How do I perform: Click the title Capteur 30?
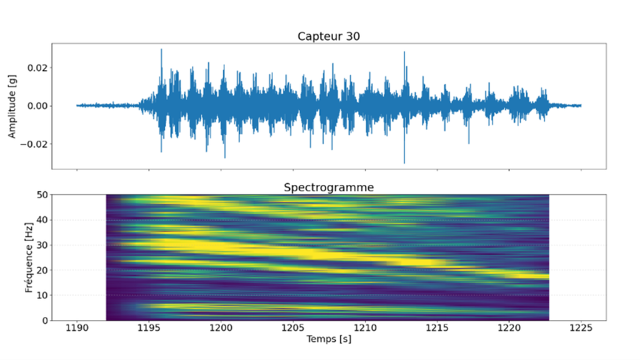pos(328,36)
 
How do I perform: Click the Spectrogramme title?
pos(328,187)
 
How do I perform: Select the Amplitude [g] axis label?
pos(12,106)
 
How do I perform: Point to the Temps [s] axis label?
pos(328,339)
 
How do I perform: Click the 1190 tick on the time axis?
pos(77,328)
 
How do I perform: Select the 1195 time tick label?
pos(149,328)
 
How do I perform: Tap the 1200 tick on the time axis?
pos(221,328)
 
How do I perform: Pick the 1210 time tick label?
pos(365,328)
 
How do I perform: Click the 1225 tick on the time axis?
pos(581,328)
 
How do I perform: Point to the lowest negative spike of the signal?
pos(404,162)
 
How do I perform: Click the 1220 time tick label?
pos(509,328)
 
